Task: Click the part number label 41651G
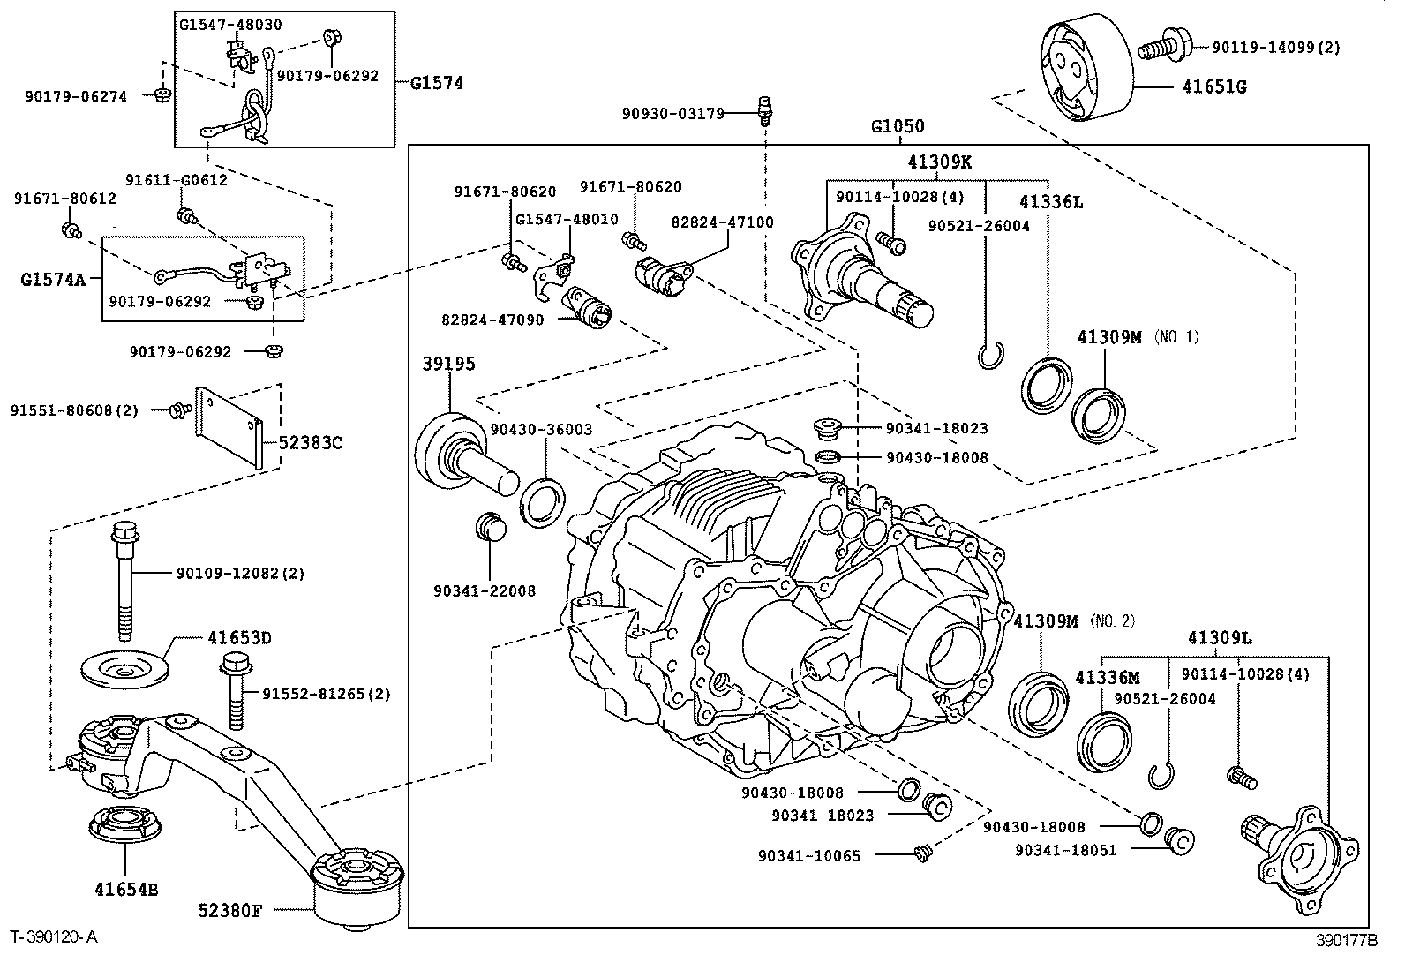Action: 1214,86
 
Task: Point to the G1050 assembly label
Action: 898,126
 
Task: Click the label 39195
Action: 447,364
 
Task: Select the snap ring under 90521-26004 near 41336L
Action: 991,356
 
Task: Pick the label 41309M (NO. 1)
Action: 1138,337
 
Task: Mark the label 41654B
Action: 125,890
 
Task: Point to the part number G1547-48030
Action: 230,25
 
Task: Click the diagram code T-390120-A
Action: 54,937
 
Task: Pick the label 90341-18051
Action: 1065,850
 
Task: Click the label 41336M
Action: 1107,678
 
